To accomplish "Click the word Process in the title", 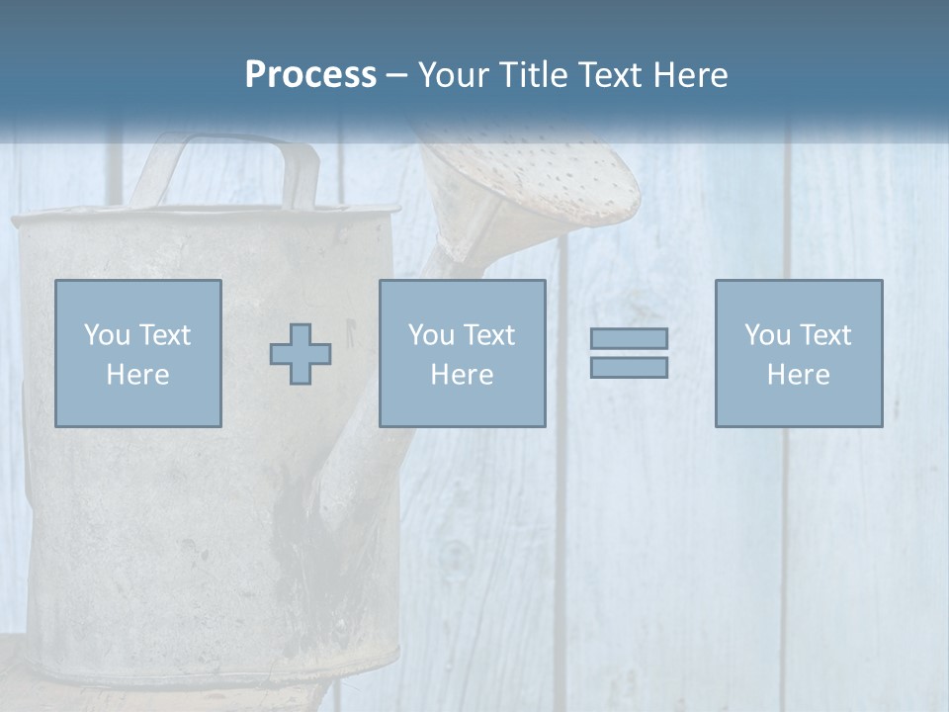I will [x=310, y=75].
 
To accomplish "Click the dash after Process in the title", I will [x=396, y=76].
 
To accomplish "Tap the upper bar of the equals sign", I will [x=629, y=339].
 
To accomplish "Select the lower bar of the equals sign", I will [x=629, y=367].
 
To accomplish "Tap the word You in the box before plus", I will [x=106, y=335].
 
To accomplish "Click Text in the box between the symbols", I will [x=488, y=335].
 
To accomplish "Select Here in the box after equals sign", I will [x=798, y=375].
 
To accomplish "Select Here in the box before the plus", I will [x=137, y=375].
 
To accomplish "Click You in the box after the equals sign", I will [x=766, y=335].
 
